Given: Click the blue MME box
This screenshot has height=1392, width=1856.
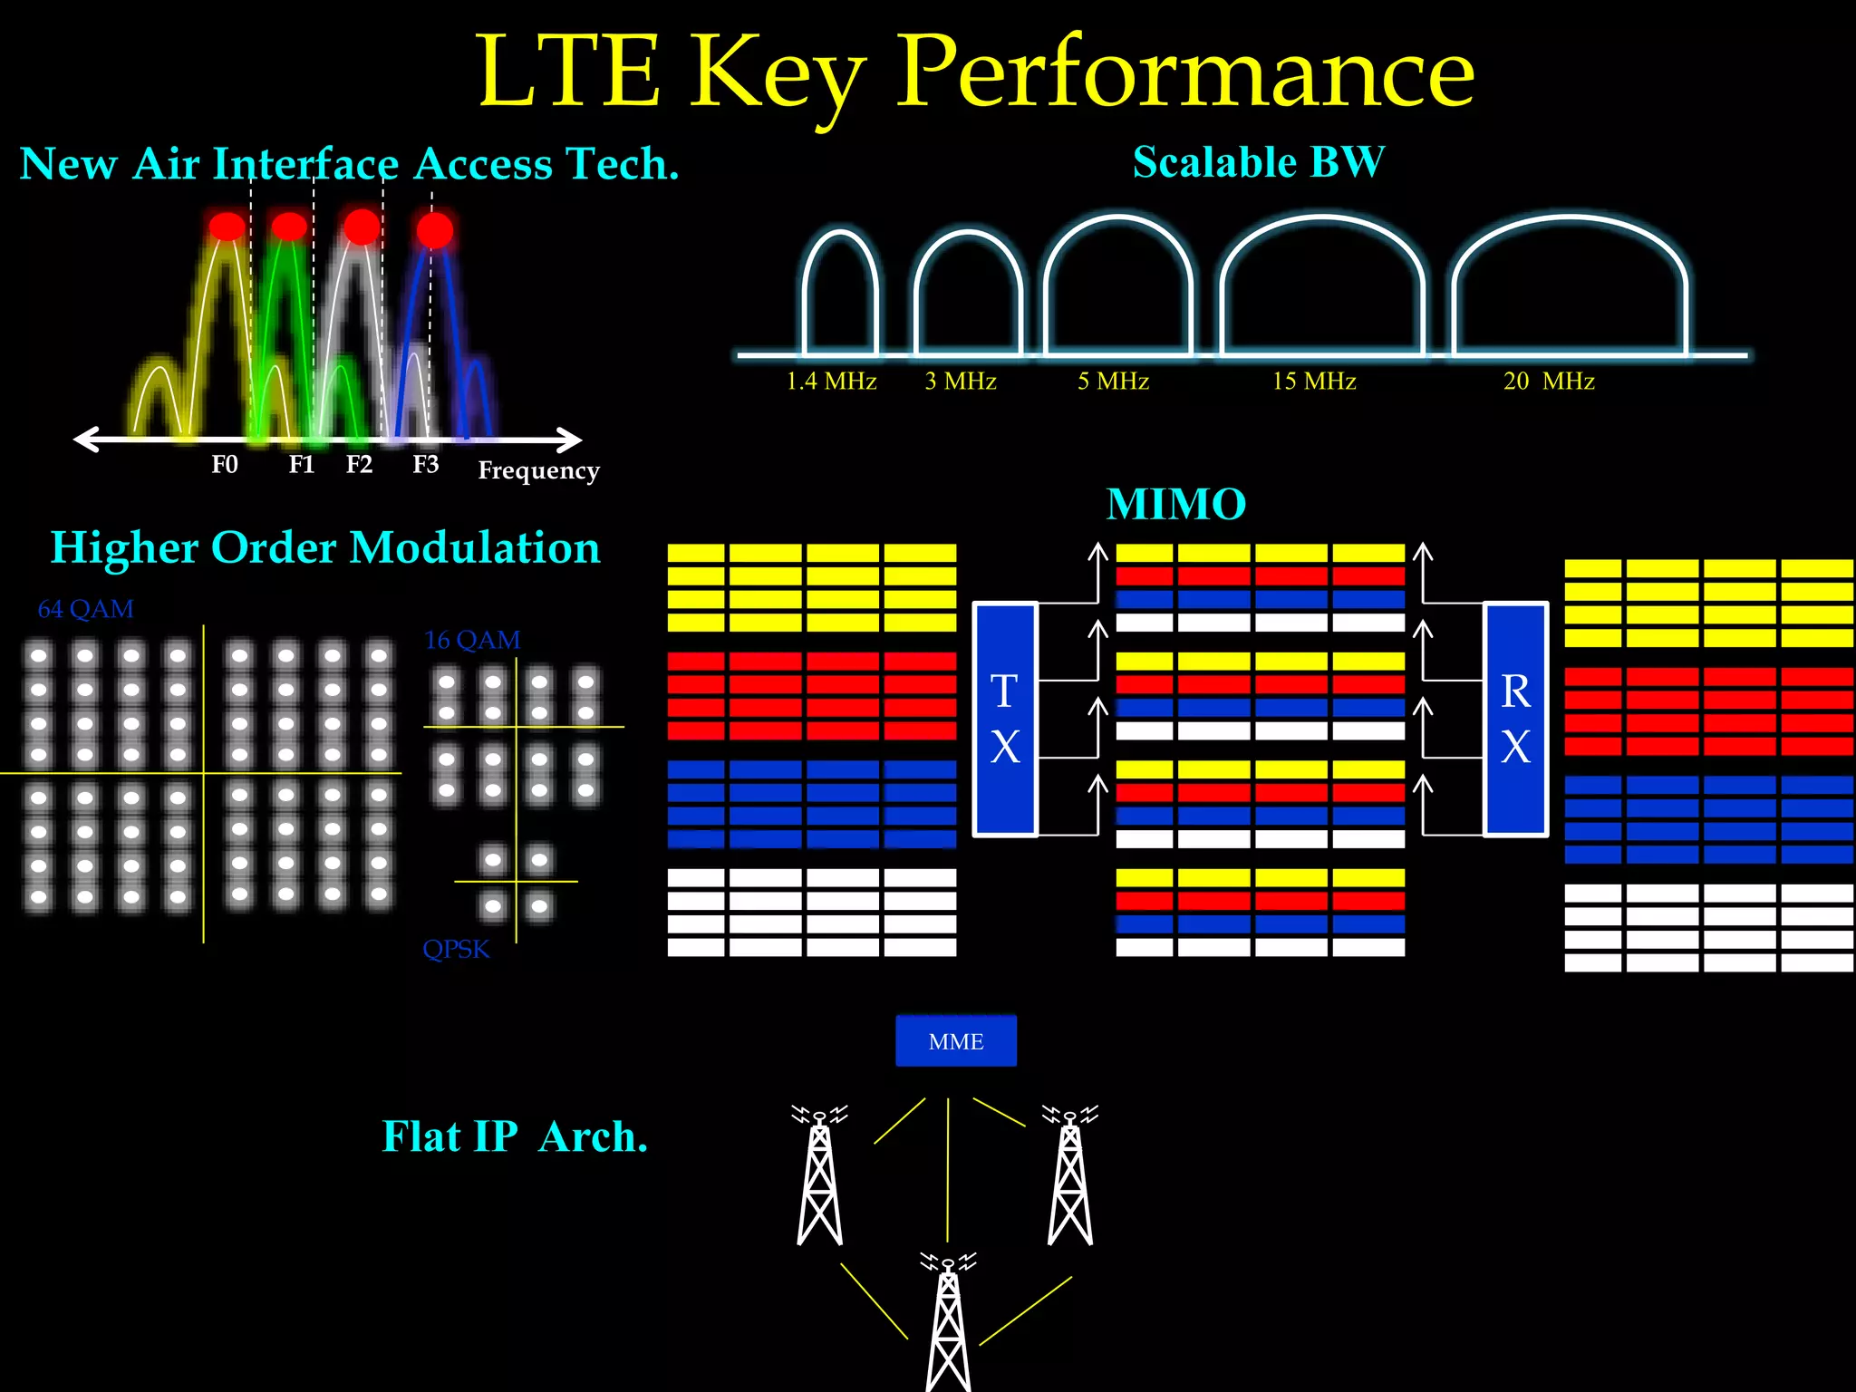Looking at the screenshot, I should point(955,1041).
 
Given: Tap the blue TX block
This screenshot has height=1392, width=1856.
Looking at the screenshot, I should point(1004,719).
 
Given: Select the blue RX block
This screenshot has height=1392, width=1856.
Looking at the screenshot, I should point(1515,719).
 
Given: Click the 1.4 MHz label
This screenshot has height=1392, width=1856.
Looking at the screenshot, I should point(831,382).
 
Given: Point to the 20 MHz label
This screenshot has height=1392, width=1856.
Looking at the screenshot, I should point(1549,382).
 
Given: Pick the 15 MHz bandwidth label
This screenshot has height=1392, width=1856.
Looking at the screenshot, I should point(1314,382).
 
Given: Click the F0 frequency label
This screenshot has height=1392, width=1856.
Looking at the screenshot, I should point(225,465).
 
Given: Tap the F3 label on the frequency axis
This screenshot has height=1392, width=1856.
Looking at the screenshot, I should point(425,465).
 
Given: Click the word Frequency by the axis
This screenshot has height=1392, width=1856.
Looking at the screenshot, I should point(538,471).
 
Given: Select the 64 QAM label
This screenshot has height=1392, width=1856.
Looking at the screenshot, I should point(86,609).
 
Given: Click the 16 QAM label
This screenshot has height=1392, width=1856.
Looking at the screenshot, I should point(472,641).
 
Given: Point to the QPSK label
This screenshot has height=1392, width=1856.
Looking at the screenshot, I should point(456,949).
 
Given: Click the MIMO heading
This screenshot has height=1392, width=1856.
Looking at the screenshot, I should point(1176,505).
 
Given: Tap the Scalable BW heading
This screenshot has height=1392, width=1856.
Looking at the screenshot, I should point(1258,163).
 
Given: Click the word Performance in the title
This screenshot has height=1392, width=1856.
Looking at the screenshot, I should point(1185,72).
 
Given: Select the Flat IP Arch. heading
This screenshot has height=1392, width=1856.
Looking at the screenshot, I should point(515,1136).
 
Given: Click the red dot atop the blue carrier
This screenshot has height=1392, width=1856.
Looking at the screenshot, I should point(434,230).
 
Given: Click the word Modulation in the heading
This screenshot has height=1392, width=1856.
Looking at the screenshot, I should point(475,548).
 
